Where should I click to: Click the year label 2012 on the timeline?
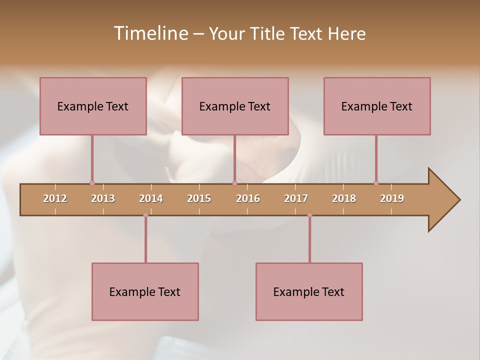(x=55, y=198)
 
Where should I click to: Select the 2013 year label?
(x=103, y=198)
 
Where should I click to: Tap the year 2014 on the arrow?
(x=151, y=198)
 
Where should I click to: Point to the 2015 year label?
(x=199, y=198)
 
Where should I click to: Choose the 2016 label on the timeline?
(x=248, y=198)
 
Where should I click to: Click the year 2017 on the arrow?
(x=296, y=198)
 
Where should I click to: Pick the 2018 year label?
(x=344, y=198)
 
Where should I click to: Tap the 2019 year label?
(x=392, y=198)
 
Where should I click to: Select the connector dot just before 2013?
(x=92, y=183)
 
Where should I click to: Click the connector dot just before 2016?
(x=234, y=183)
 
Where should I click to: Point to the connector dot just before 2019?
(x=376, y=183)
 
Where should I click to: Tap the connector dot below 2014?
(x=145, y=215)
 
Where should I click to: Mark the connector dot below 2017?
(x=309, y=215)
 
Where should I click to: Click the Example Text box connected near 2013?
(x=93, y=106)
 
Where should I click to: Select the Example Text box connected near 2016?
(x=235, y=106)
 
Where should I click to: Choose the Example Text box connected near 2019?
(x=377, y=106)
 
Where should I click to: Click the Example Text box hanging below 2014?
(x=145, y=291)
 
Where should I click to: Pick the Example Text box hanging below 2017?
(x=309, y=291)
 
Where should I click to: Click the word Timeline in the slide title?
(x=149, y=33)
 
